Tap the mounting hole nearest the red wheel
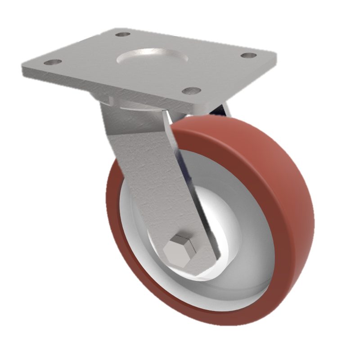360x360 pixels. point(192,90)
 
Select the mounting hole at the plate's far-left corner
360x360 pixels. point(53,62)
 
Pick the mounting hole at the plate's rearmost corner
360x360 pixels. point(122,34)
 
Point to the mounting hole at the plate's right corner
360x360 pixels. point(248,55)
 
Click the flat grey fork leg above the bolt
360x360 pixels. point(148,180)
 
